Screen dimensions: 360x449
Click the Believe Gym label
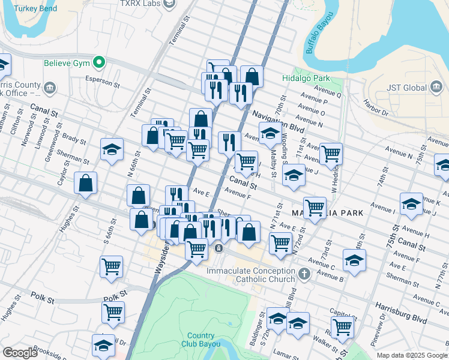[65, 63]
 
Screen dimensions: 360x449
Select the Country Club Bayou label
[200, 340]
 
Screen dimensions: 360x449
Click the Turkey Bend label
[37, 9]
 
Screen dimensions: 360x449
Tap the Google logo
[20, 353]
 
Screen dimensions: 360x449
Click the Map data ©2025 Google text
[412, 355]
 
